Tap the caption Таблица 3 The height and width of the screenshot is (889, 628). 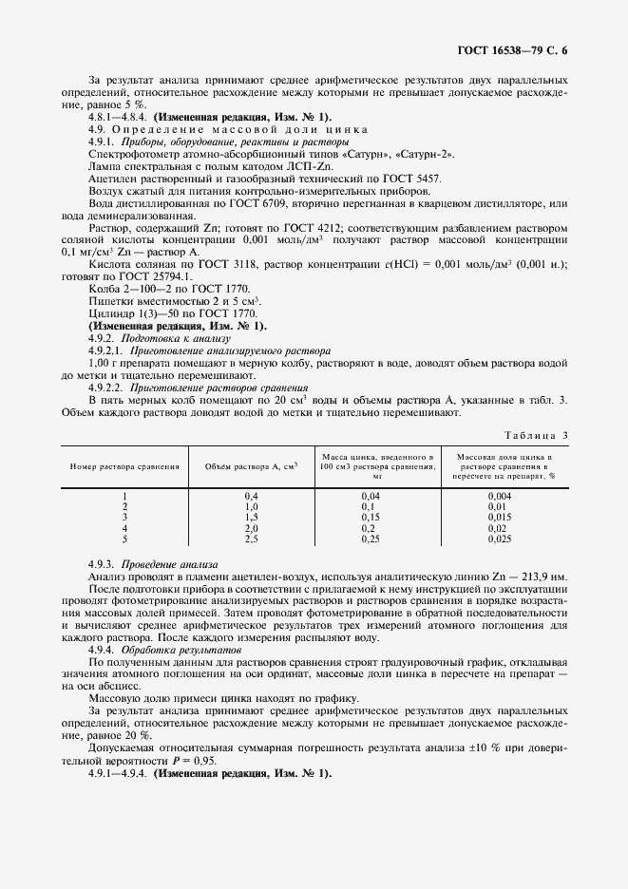(x=535, y=435)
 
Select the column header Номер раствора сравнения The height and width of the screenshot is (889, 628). (x=124, y=466)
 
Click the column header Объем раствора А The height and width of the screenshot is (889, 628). (x=252, y=466)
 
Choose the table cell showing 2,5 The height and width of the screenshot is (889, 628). (x=252, y=539)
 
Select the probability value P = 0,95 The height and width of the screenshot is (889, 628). (x=197, y=761)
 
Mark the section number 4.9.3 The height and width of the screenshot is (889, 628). (x=101, y=564)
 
